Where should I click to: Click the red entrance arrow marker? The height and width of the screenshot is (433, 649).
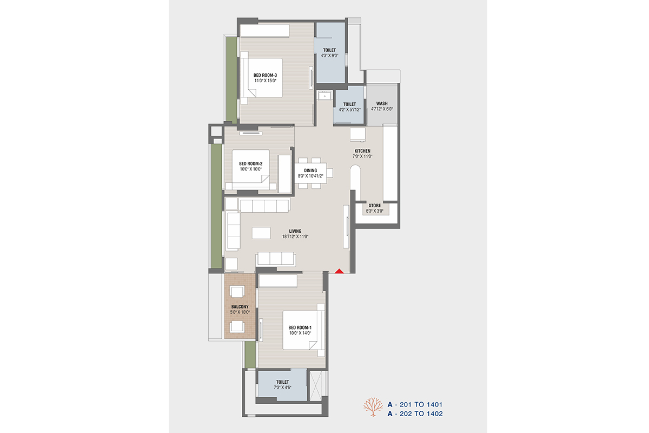coord(339,271)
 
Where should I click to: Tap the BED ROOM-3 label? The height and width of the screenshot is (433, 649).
coord(265,75)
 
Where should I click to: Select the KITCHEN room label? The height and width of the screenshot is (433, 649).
coord(362,151)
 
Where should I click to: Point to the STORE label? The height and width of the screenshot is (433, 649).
coord(375,206)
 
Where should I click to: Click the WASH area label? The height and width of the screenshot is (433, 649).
coord(382,103)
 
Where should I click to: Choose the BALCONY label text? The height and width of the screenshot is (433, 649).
coord(240,307)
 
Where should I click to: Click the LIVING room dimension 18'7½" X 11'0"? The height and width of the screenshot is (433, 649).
coord(295,237)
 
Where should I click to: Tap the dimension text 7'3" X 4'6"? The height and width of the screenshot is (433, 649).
coord(282,388)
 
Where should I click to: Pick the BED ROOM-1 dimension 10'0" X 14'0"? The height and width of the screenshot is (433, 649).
coord(300,333)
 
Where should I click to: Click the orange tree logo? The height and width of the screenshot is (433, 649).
coord(373,407)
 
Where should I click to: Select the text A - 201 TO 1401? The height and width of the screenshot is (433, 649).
coord(415,404)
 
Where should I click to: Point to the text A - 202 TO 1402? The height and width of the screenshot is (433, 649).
coord(415,414)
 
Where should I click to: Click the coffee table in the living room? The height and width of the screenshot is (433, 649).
coord(261,233)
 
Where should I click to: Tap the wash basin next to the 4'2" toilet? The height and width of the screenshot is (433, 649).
coord(325,95)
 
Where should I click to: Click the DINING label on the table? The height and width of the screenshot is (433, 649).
coord(310,170)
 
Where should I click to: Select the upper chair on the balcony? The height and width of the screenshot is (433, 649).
coord(237,292)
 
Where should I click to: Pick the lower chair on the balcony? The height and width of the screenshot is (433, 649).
coord(237,327)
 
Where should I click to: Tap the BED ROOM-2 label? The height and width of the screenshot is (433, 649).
coord(250,164)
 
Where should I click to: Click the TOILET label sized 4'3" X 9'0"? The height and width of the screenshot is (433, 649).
coord(329,50)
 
